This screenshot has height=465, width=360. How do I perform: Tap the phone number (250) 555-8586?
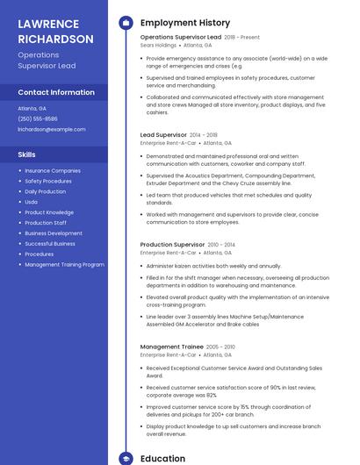tap(38, 118)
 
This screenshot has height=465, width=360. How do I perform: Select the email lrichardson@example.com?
tap(52, 129)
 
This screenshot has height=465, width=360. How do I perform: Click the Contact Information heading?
tap(56, 92)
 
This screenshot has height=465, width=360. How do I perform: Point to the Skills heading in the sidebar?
tap(27, 154)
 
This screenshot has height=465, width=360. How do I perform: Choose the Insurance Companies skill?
tap(53, 170)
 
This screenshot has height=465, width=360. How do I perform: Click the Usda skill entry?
tap(32, 202)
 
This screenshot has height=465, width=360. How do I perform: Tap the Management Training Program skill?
tap(64, 264)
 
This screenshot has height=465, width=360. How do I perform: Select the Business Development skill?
tap(54, 233)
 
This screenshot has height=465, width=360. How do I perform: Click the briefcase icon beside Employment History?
tap(126, 23)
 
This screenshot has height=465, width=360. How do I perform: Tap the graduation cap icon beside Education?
tap(126, 458)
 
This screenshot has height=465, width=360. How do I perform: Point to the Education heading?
tap(162, 458)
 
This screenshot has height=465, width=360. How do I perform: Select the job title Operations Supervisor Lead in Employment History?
tap(181, 38)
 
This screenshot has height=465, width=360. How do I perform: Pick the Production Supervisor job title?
tap(172, 245)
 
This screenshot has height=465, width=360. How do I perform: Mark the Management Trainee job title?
tap(171, 347)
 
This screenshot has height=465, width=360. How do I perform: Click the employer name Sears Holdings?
tap(158, 45)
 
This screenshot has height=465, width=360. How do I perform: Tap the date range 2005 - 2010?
tap(220, 347)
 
